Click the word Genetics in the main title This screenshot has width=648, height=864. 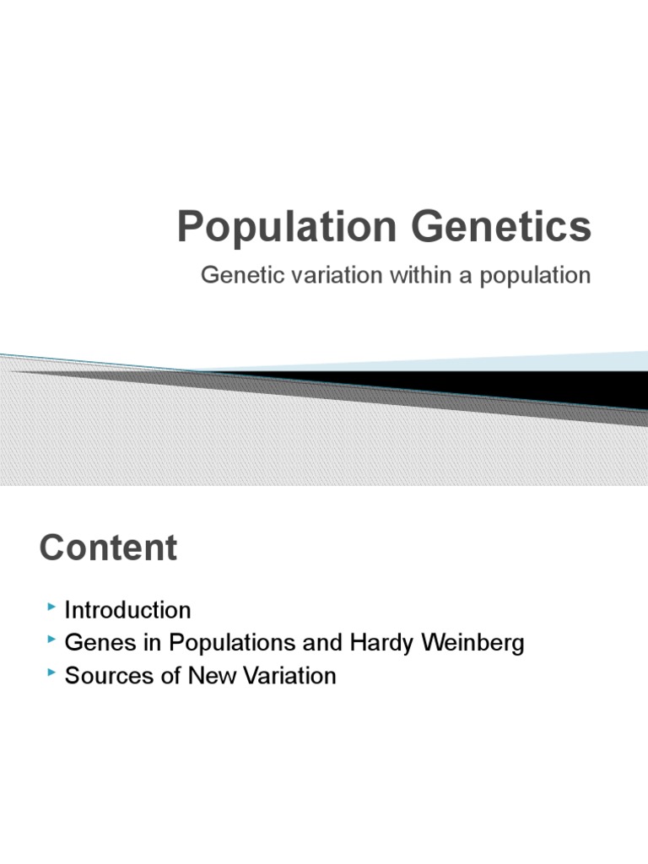coord(498,228)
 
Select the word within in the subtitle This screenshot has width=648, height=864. coord(405,276)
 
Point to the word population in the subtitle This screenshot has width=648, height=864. coord(535,277)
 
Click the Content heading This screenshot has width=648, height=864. coord(108,548)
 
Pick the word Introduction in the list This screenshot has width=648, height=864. coord(127,610)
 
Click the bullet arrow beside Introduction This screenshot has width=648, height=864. coord(53,607)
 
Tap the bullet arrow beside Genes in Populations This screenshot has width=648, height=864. coord(53,640)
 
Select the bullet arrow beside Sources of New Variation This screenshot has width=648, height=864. coord(53,672)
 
